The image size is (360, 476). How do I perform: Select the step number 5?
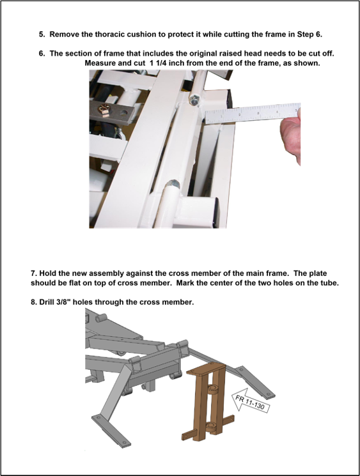click(42, 35)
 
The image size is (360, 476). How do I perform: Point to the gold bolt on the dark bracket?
click(104, 110)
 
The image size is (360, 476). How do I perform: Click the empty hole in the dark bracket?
click(123, 114)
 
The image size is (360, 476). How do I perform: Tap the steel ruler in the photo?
click(253, 113)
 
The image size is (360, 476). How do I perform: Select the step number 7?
click(33, 273)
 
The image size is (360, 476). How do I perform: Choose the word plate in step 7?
click(318, 273)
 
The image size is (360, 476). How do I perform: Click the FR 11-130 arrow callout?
click(251, 403)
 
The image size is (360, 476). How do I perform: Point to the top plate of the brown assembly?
click(206, 368)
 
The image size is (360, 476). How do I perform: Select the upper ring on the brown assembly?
click(213, 388)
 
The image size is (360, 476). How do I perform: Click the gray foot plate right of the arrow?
click(256, 383)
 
